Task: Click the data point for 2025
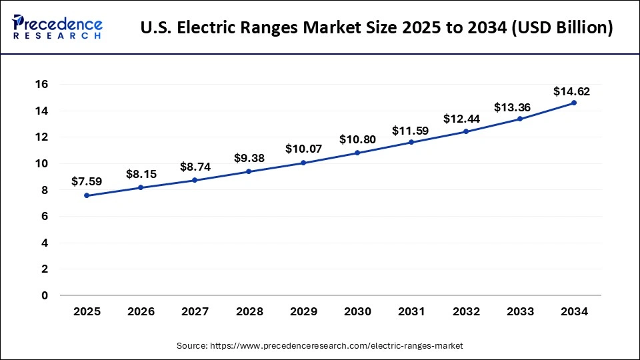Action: pyautogui.click(x=87, y=195)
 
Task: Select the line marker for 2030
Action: pyautogui.click(x=357, y=153)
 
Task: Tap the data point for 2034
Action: pyautogui.click(x=574, y=103)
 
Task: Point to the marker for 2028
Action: pyautogui.click(x=249, y=171)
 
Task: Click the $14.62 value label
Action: pyautogui.click(x=571, y=91)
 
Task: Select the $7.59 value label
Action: pyautogui.click(x=87, y=181)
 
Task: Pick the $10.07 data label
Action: pyautogui.click(x=303, y=149)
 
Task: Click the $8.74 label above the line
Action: pyautogui.click(x=195, y=167)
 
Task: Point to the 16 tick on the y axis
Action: pyautogui.click(x=41, y=85)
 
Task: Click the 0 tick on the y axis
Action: pyautogui.click(x=45, y=295)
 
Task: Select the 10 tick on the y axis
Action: pyautogui.click(x=41, y=164)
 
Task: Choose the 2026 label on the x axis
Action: pyautogui.click(x=141, y=311)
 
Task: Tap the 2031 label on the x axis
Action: pyautogui.click(x=411, y=311)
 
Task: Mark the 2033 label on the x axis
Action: pyautogui.click(x=520, y=311)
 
